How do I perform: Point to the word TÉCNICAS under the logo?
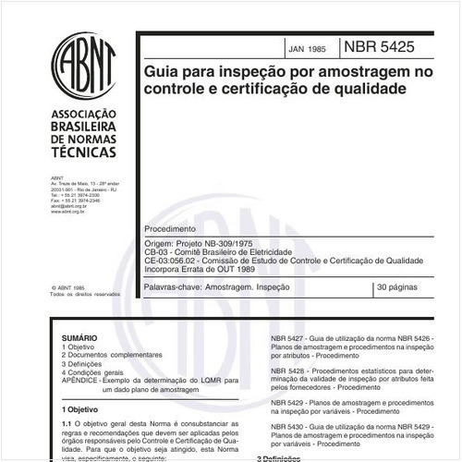pyautogui.click(x=84, y=151)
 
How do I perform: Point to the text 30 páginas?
pyautogui.click(x=399, y=289)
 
